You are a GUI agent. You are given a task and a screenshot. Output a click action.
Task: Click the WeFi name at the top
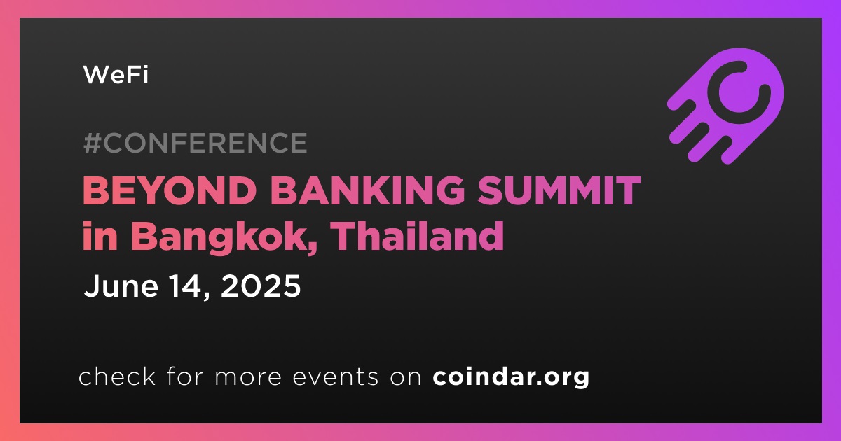coord(116,75)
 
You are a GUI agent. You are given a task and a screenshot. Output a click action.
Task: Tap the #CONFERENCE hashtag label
coord(196,143)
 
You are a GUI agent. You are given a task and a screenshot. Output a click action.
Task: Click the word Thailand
coord(418,235)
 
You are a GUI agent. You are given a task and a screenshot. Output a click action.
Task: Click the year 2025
coord(261,286)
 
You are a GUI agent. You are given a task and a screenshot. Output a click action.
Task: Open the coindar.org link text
coord(511,377)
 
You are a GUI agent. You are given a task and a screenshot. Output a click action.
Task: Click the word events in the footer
coord(335,377)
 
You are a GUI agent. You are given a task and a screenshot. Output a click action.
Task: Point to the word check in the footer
coord(117,377)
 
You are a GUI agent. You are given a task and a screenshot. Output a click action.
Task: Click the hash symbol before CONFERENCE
coord(93,143)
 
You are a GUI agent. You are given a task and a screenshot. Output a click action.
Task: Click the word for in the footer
coord(185,377)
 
